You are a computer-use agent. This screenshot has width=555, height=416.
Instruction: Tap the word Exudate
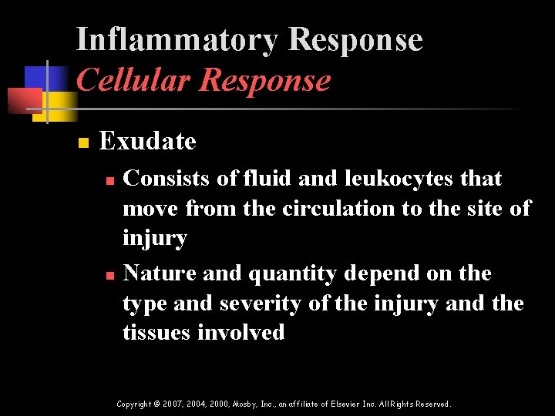click(148, 141)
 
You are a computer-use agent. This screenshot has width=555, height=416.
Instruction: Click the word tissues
click(157, 333)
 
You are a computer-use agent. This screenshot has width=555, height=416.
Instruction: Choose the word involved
click(241, 333)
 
